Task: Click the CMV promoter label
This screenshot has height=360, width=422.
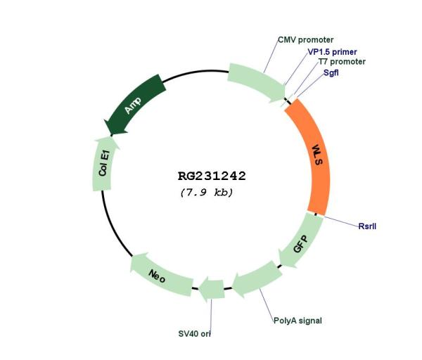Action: pyautogui.click(x=305, y=40)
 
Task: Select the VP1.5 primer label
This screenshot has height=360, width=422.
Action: pyautogui.click(x=332, y=52)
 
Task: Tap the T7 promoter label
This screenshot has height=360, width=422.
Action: pyautogui.click(x=342, y=62)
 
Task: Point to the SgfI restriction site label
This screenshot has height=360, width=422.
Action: pyautogui.click(x=331, y=72)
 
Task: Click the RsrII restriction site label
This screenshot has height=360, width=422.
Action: pyautogui.click(x=367, y=226)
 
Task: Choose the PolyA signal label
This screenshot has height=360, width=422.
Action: pyautogui.click(x=298, y=321)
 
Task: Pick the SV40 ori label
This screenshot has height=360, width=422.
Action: pyautogui.click(x=194, y=333)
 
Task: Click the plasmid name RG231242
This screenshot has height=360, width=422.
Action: pyautogui.click(x=212, y=176)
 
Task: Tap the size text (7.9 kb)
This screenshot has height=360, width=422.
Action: pyautogui.click(x=206, y=193)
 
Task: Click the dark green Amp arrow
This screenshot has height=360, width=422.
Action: pyautogui.click(x=134, y=105)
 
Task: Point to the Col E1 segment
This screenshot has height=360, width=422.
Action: pyautogui.click(x=103, y=164)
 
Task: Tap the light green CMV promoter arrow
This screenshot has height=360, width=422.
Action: pyautogui.click(x=256, y=82)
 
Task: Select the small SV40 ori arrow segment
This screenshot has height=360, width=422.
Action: pyautogui.click(x=212, y=289)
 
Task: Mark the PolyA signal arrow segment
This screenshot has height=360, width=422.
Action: pyautogui.click(x=257, y=278)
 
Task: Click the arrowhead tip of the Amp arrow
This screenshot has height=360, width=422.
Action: pyautogui.click(x=111, y=135)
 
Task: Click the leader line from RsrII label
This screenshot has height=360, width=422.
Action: pyautogui.click(x=342, y=221)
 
